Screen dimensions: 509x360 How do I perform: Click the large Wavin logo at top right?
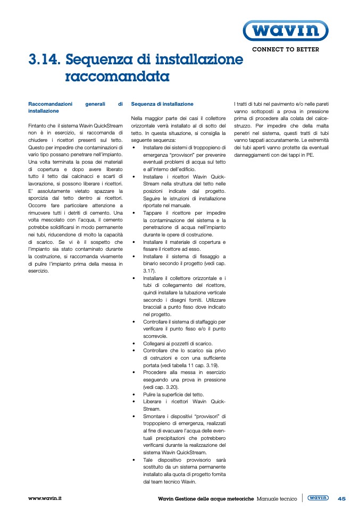click(284, 31)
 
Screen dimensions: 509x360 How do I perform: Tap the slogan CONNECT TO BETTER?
click(286, 49)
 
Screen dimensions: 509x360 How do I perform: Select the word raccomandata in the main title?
click(117, 77)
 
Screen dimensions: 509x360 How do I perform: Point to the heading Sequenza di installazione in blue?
click(162, 104)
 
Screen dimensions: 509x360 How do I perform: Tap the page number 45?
click(341, 498)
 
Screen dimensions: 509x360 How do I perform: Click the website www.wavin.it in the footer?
click(45, 498)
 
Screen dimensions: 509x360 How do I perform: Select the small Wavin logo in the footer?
click(318, 498)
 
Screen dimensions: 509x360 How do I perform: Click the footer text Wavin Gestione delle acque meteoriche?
click(206, 499)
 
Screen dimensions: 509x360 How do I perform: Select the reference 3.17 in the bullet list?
click(148, 270)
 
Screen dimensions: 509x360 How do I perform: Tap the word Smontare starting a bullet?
click(155, 416)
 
